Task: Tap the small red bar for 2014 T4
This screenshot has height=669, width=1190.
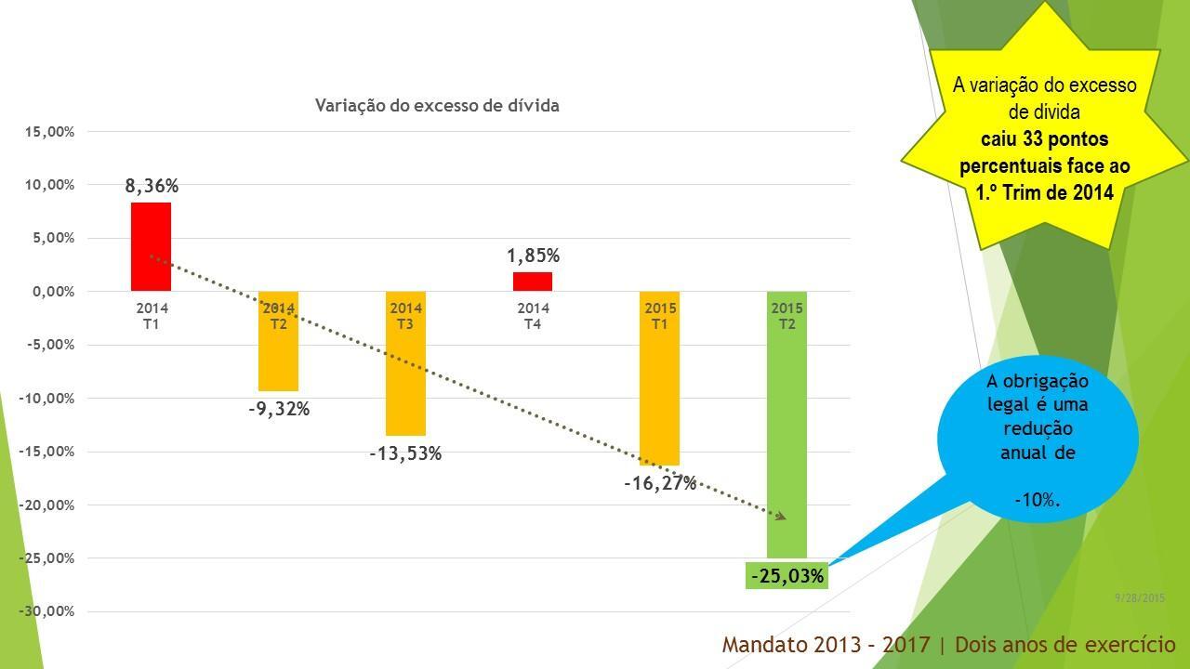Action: [533, 282]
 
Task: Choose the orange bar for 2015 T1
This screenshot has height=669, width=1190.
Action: [660, 390]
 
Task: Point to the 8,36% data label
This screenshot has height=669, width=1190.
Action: [152, 186]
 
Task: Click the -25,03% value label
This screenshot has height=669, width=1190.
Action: [787, 576]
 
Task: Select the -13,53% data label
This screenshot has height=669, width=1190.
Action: [405, 453]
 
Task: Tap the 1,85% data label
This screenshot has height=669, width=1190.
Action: [533, 256]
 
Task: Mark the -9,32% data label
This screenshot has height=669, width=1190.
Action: [278, 409]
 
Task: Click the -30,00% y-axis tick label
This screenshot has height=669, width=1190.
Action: [47, 611]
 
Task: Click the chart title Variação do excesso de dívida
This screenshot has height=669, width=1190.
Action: [437, 106]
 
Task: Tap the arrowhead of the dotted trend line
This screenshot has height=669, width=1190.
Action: [782, 517]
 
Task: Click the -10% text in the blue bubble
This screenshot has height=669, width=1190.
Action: [1037, 500]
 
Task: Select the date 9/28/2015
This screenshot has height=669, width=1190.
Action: [1139, 598]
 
